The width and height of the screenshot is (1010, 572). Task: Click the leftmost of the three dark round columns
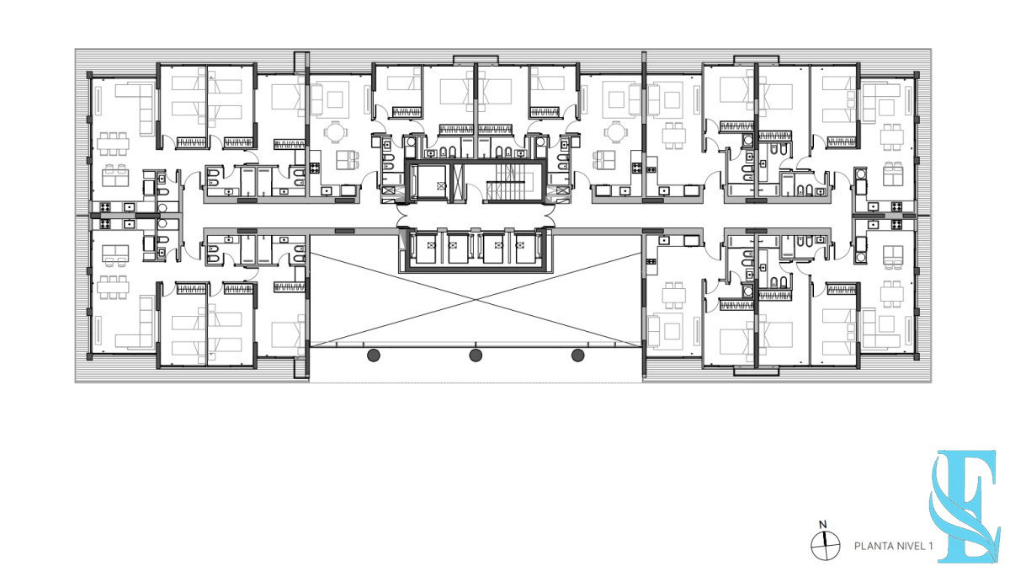[x=374, y=355]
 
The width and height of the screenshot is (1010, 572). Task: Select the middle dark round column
[x=476, y=355]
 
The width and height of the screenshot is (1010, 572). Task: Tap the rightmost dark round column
[x=577, y=355]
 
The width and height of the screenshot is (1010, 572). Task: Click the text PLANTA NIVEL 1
[x=893, y=546]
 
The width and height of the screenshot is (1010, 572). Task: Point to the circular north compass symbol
[x=825, y=545]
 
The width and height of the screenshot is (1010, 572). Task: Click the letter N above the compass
[x=823, y=525]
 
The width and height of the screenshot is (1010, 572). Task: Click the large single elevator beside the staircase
[x=431, y=183]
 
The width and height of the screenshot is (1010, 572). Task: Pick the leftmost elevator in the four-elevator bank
[x=426, y=248]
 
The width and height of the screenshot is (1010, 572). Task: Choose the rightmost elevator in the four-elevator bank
[x=525, y=248]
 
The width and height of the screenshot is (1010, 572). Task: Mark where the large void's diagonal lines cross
[x=476, y=299]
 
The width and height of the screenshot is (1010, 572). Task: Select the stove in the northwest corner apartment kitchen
[x=105, y=207]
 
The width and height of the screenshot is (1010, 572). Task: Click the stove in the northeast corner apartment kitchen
[x=896, y=206]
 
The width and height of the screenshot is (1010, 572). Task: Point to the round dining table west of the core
[x=336, y=131]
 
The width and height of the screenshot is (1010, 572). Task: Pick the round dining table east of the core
[x=614, y=131]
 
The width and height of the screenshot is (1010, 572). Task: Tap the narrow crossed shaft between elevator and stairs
[x=458, y=183]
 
